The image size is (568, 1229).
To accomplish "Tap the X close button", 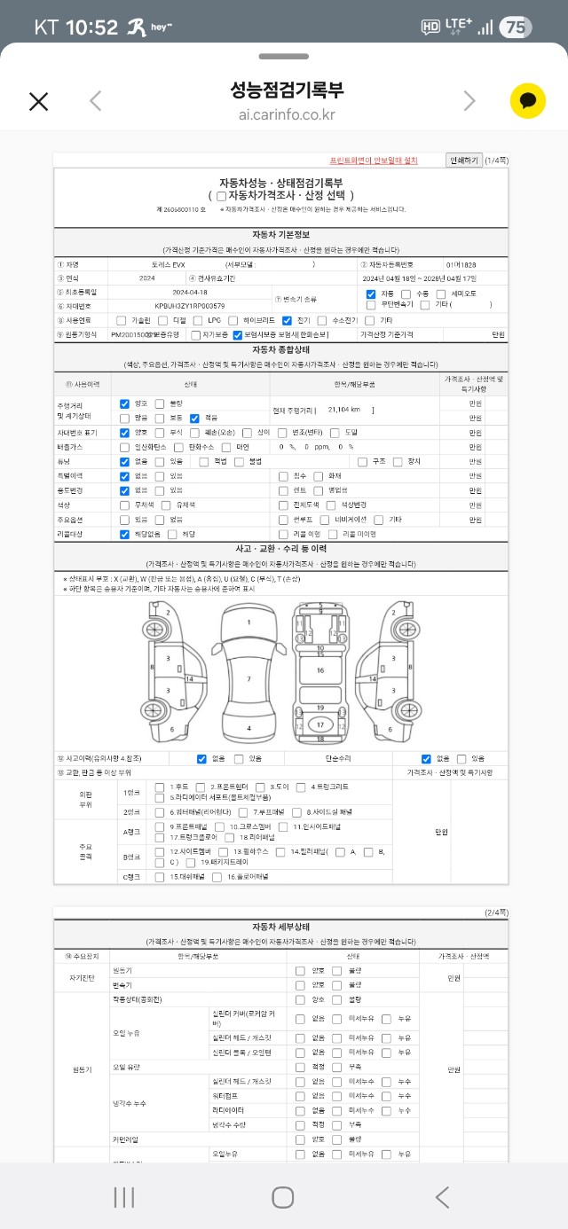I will [x=38, y=101].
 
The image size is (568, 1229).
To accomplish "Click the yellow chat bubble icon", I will [x=527, y=101].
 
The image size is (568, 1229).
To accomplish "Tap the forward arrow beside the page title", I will [x=469, y=101].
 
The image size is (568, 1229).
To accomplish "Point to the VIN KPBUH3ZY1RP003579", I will [x=189, y=306].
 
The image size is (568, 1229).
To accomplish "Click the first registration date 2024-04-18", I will [x=189, y=292].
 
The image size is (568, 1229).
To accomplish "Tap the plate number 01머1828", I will [x=461, y=264].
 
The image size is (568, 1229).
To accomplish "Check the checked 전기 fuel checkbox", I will [x=287, y=320].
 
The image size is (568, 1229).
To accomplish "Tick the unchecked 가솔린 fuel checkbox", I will [x=121, y=320].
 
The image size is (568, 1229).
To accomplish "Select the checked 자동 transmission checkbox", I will [x=371, y=294].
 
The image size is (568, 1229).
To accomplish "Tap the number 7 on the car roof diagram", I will [x=248, y=679].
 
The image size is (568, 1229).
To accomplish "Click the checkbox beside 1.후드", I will [x=159, y=787].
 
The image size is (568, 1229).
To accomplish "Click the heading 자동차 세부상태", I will [x=280, y=926].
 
